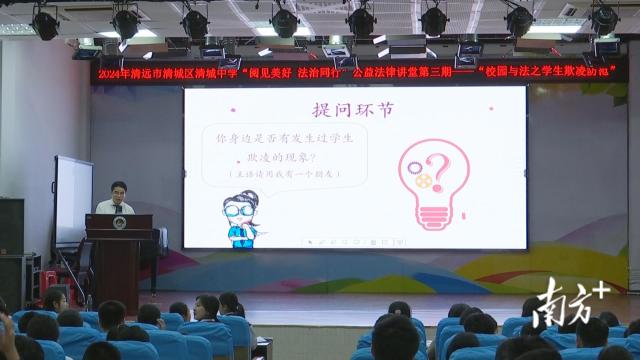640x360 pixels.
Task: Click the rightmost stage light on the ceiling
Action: coord(603,19)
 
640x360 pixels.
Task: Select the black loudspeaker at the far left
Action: coord(10,224)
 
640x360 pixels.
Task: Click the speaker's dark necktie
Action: coord(119,206)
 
